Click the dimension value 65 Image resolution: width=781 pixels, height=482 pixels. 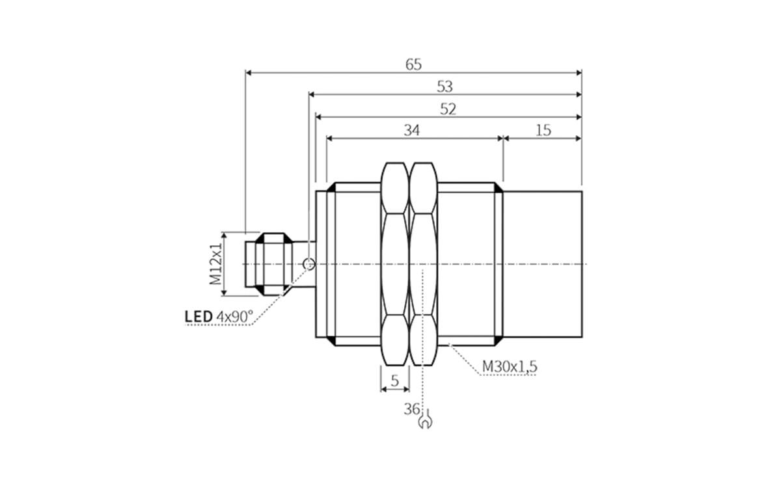point(413,64)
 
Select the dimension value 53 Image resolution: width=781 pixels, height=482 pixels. point(445,87)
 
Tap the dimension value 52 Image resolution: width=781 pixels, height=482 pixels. point(448,109)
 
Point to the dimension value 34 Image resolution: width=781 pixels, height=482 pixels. point(411,130)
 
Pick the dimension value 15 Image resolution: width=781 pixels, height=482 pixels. point(543,130)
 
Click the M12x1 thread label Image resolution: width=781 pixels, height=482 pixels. point(215,263)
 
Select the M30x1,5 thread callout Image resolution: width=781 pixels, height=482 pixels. point(509,367)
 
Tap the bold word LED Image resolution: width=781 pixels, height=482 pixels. point(199,317)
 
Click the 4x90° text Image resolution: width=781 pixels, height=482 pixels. point(234,317)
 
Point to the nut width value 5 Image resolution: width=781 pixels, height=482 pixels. point(394,381)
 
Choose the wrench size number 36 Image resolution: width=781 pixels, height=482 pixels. point(411,409)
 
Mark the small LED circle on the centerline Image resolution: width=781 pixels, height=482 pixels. point(310,263)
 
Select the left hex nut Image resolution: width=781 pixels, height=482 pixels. point(394,263)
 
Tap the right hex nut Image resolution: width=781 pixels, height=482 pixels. point(423,263)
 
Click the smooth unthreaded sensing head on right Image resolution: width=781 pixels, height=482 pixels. point(542,263)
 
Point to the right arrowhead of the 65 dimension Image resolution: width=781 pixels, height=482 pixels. point(578,73)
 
